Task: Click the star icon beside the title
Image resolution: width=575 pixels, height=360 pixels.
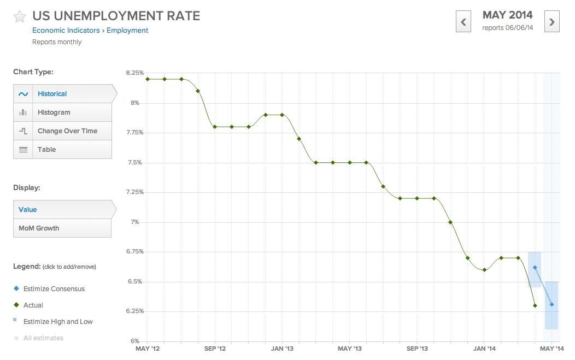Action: [20, 16]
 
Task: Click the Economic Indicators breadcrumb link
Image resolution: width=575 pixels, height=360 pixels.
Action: [66, 31]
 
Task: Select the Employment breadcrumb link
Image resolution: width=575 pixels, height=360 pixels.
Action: [127, 31]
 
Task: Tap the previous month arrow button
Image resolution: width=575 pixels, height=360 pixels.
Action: [463, 22]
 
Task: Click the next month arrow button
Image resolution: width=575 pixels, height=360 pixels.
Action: [552, 22]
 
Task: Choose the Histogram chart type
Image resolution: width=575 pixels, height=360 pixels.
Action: [54, 113]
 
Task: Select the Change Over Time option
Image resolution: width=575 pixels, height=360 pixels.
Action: [67, 131]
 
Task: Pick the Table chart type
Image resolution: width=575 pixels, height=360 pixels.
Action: [47, 150]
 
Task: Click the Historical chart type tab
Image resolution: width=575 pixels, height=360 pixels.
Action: [52, 94]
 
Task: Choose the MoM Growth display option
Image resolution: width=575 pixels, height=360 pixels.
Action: [39, 228]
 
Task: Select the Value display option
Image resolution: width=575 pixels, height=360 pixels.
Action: [28, 210]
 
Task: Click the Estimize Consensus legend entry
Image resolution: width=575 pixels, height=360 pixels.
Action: [54, 288]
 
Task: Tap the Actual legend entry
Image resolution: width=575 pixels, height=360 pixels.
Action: [33, 305]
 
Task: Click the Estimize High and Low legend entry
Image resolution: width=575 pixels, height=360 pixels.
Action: [58, 322]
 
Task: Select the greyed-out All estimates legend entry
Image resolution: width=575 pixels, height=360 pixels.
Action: [43, 338]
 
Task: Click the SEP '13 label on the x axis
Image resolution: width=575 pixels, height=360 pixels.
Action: [417, 349]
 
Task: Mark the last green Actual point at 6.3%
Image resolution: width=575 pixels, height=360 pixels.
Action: [535, 305]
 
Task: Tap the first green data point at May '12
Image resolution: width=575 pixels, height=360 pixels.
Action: [148, 79]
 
